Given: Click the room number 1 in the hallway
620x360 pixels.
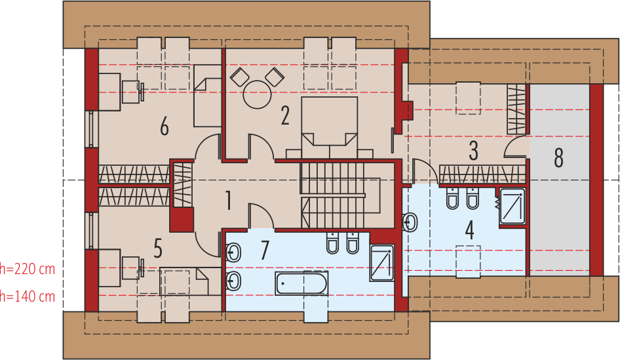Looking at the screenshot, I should click(x=228, y=200).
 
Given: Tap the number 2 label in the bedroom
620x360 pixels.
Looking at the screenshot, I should click(x=285, y=115).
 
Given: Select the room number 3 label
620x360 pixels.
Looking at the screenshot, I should click(x=473, y=151).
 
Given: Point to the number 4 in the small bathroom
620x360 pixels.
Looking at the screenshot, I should click(x=469, y=231).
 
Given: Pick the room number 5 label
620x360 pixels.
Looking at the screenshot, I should click(x=158, y=249).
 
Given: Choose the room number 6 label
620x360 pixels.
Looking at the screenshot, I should click(x=164, y=126).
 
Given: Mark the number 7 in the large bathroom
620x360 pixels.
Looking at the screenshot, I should click(x=265, y=250).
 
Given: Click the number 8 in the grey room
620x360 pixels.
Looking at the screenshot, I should click(x=558, y=158).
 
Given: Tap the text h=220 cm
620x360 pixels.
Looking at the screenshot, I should click(x=28, y=268).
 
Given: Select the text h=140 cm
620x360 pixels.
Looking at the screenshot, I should click(x=28, y=296).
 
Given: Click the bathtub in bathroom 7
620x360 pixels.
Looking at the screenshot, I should click(x=301, y=284).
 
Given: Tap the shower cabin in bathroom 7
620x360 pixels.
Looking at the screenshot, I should click(x=381, y=263).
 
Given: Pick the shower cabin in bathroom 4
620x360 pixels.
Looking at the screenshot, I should click(x=512, y=206).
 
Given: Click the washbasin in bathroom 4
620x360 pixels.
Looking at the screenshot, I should click(x=410, y=223).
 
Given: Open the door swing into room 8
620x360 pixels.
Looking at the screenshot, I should click(x=516, y=148).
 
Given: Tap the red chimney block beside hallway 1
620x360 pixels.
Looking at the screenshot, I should click(x=182, y=218).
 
